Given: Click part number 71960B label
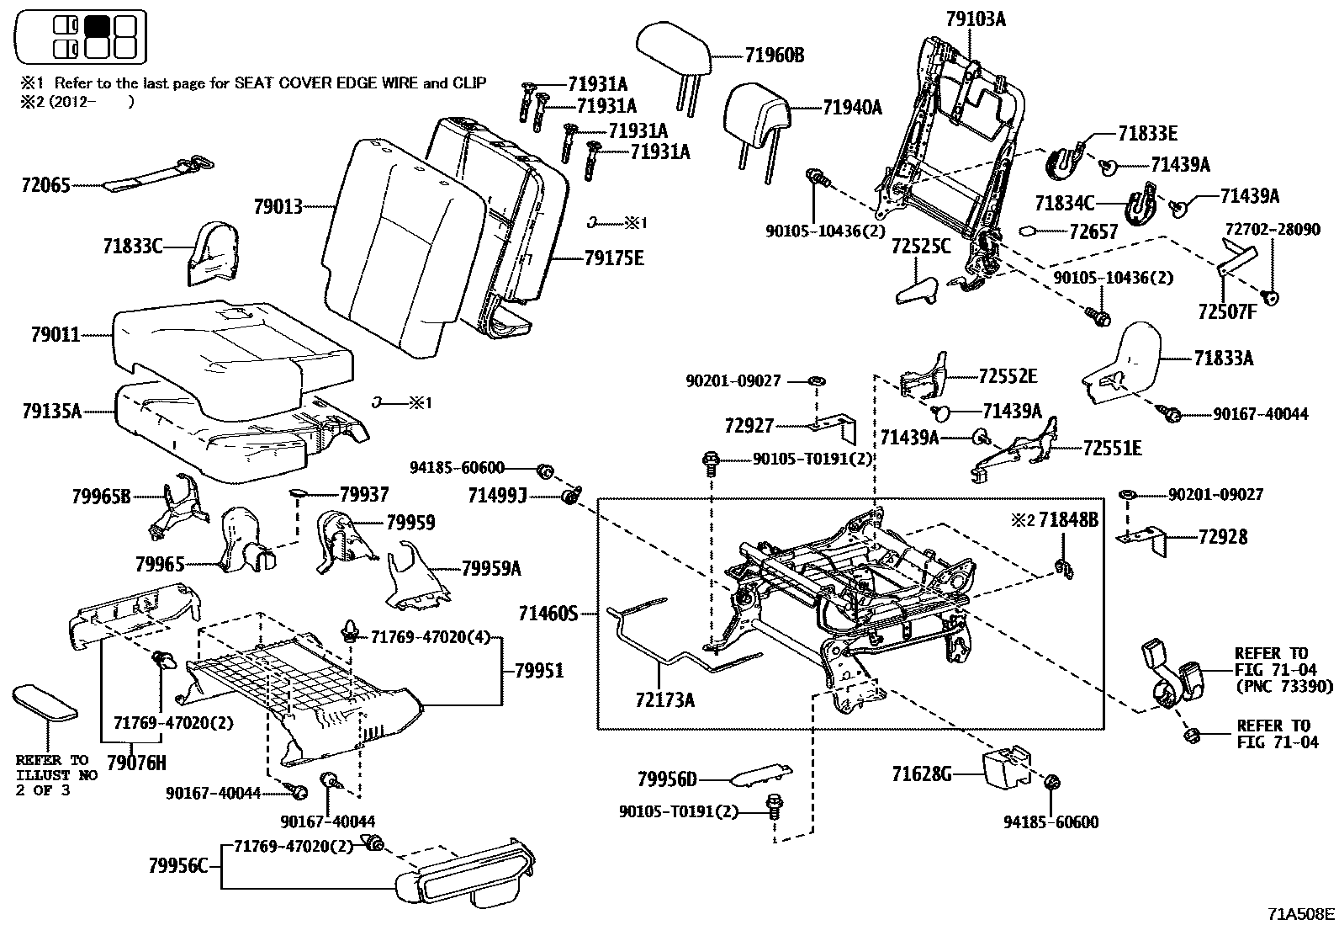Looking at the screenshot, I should [774, 56].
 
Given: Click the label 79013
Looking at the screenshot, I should [278, 205].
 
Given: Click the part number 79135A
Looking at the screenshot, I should [51, 412].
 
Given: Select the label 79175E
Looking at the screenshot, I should [614, 258].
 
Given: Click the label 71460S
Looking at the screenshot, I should [548, 614].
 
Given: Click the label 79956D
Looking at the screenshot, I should [667, 779].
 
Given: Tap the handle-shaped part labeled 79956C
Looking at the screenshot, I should [467, 875].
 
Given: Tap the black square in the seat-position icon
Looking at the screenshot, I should [97, 25].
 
